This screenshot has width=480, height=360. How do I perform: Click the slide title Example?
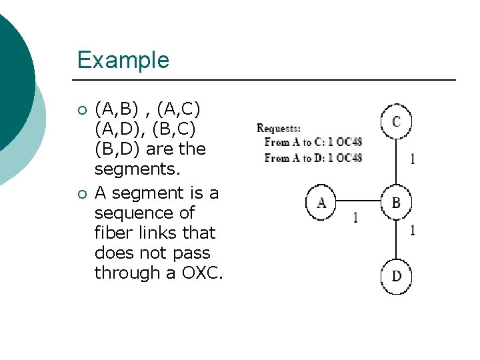point(123,60)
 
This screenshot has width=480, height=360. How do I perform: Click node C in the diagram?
point(396,121)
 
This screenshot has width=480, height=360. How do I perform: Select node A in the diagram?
point(321,201)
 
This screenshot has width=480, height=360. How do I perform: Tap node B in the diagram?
point(396,201)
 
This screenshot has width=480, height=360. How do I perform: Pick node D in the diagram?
point(396,275)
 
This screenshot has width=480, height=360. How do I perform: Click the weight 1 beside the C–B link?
point(413,159)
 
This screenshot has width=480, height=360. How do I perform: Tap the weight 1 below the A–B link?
point(355,218)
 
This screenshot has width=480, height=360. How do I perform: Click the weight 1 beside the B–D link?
point(413,231)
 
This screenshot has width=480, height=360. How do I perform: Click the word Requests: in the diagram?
point(279,128)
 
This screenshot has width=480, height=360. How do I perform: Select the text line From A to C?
point(313,142)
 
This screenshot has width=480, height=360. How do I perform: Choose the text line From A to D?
point(313,158)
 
